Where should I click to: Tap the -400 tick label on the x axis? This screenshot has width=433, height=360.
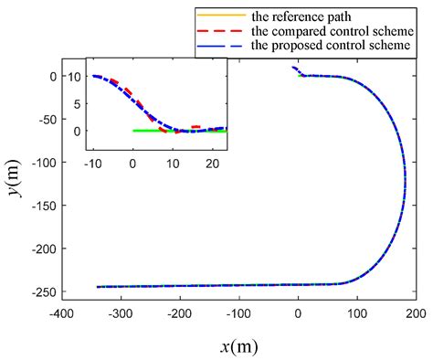[62, 312]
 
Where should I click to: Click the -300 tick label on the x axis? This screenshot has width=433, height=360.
[121, 312]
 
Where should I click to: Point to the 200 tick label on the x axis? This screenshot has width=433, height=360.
[416, 312]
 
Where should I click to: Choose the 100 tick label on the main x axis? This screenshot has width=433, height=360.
[357, 312]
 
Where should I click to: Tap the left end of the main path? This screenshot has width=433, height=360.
[98, 287]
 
